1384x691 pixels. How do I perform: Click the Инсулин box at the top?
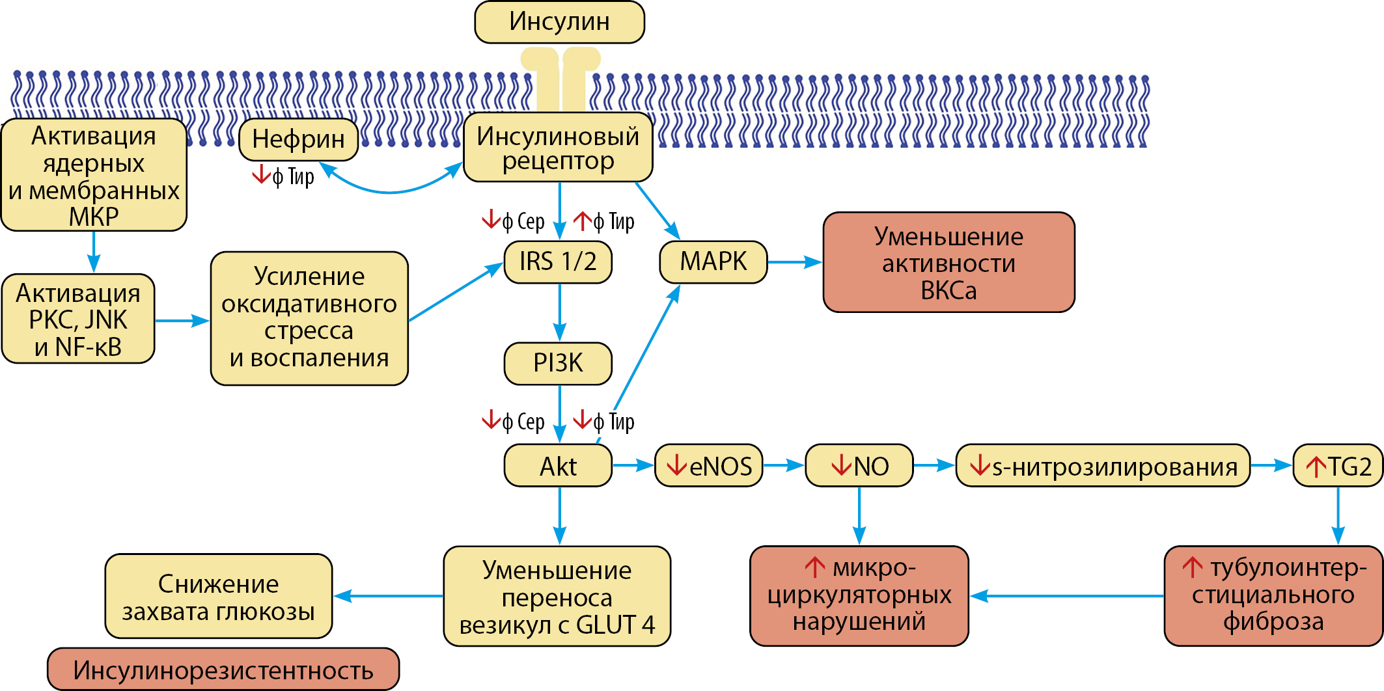click(559, 22)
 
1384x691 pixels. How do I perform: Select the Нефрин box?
click(298, 139)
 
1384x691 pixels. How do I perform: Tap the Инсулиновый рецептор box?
click(557, 148)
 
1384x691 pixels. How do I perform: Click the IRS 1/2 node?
click(558, 262)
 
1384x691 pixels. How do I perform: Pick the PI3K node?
click(558, 363)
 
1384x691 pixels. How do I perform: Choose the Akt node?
click(558, 466)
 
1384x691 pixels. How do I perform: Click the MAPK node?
click(713, 262)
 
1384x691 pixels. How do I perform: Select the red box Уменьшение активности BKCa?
click(948, 262)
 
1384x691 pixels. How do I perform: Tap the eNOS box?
click(708, 466)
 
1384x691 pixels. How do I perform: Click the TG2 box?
click(1338, 466)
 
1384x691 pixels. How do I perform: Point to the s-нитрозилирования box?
click(1103, 466)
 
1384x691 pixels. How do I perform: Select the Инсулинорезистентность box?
click(223, 670)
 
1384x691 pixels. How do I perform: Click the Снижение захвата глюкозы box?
click(219, 596)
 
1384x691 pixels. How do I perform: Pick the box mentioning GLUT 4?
click(557, 596)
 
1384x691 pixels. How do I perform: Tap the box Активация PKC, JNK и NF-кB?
click(78, 319)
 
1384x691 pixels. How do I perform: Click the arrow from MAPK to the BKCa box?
click(795, 262)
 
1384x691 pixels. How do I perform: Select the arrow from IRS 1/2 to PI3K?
click(560, 312)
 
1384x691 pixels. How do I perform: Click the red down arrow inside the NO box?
click(841, 465)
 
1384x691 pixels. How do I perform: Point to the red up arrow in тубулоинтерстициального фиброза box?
click(1192, 567)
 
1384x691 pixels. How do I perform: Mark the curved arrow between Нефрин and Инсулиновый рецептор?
click(391, 191)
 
